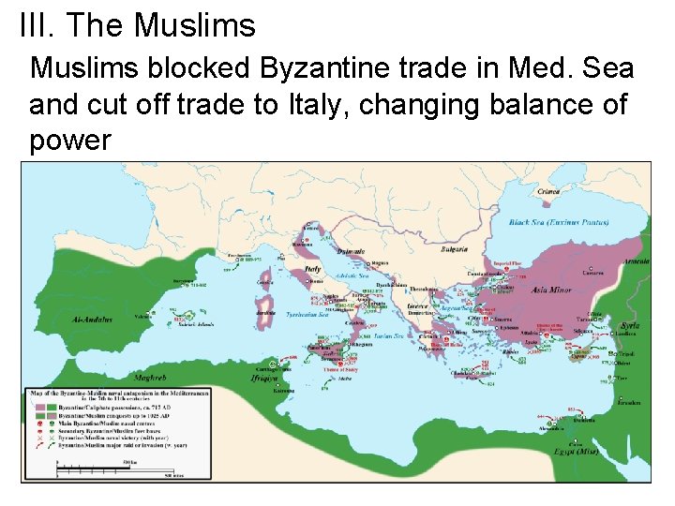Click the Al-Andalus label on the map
tap(91, 320)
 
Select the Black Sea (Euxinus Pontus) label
tap(558, 223)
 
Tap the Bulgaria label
tap(455, 250)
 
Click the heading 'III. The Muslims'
tap(137, 25)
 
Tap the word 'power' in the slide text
tap(69, 141)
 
